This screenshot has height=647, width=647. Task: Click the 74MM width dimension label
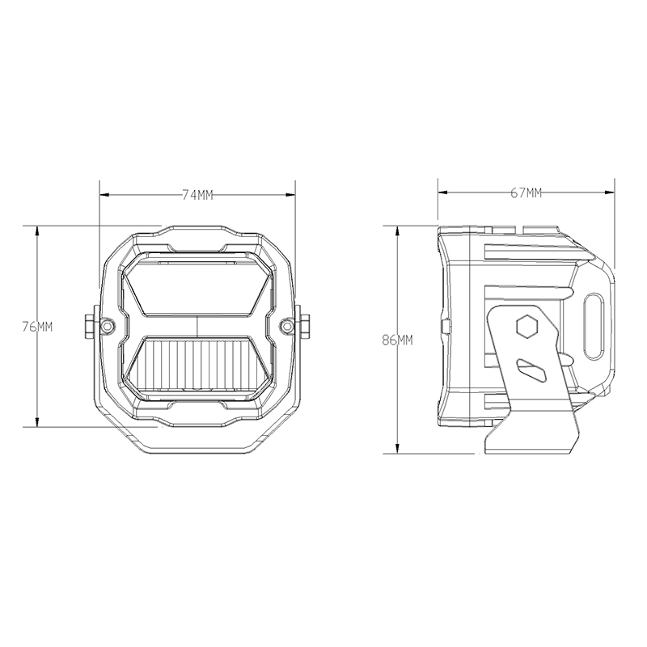[x=197, y=195]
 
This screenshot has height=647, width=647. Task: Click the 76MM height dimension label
[x=37, y=327]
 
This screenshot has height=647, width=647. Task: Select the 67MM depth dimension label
[x=526, y=192]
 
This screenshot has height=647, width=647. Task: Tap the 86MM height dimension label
[x=397, y=340]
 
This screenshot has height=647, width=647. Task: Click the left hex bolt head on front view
[x=89, y=326]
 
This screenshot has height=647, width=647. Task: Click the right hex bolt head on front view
[x=306, y=326]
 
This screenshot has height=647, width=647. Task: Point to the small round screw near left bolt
[x=108, y=326]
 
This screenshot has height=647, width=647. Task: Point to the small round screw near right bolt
[x=285, y=326]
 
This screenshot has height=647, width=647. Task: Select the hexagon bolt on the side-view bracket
[x=526, y=327]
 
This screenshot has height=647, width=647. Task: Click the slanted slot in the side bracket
[x=531, y=370]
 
